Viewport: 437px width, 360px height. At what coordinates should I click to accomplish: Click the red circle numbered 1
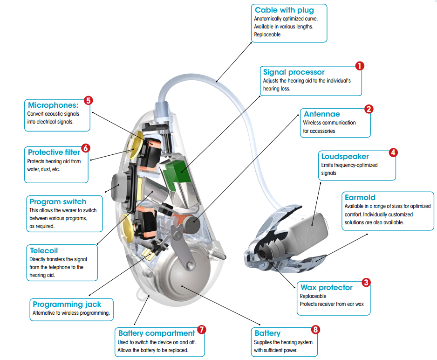point(359,66)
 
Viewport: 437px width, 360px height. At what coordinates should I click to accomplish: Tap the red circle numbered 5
point(88,100)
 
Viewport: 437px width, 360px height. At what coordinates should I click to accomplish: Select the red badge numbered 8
point(315,330)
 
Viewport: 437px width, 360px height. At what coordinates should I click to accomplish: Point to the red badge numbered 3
point(366,282)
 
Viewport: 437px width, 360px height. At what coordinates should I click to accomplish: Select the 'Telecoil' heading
point(44,250)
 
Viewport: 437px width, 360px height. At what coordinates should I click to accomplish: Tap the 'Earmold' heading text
point(360,197)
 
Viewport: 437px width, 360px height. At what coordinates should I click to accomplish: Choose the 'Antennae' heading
point(322,114)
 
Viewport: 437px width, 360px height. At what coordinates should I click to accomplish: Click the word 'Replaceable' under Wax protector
point(313,296)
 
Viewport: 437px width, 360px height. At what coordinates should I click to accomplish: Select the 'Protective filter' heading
point(53,152)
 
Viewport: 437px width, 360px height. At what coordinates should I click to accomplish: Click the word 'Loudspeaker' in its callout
point(345,157)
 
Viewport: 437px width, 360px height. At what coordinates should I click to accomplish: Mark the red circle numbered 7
point(201,330)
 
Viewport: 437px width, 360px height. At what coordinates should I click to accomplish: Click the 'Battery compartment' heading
point(157,333)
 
